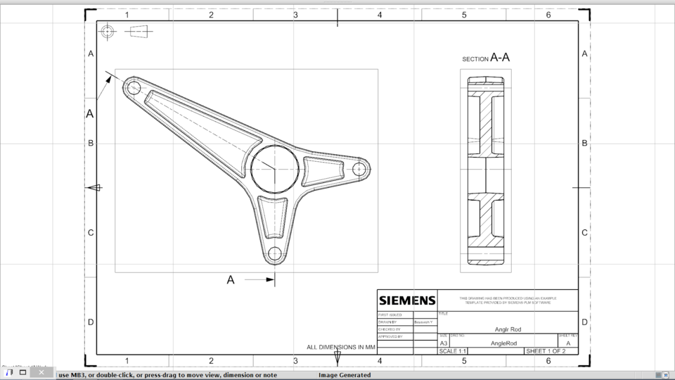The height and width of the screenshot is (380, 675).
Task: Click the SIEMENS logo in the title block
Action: tap(407, 301)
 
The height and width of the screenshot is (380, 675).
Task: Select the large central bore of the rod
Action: tap(274, 169)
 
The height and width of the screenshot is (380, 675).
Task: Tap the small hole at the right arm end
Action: tap(359, 169)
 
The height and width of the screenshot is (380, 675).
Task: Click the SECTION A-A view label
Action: tap(486, 58)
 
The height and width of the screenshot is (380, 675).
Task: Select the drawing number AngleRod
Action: tap(503, 343)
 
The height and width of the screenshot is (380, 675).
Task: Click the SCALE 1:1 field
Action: tap(453, 350)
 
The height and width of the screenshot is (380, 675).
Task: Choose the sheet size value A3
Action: tap(444, 343)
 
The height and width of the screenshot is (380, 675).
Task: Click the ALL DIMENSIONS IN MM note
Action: tap(342, 347)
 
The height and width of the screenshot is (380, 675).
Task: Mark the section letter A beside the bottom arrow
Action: tap(230, 280)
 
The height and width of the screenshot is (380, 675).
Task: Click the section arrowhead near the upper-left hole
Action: tap(109, 79)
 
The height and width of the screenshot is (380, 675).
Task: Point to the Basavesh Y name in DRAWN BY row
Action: tap(423, 322)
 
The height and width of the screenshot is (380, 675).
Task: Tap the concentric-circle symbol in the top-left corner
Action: tap(107, 31)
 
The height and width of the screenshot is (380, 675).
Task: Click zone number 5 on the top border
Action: tap(464, 15)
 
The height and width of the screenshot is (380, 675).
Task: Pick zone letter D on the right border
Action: tap(584, 322)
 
